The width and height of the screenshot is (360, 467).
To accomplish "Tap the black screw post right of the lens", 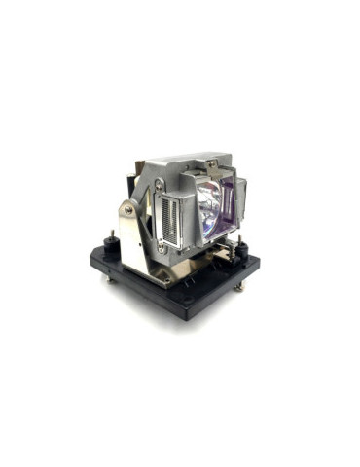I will [244, 250].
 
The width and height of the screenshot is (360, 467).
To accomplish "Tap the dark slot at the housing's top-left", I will [157, 167].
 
